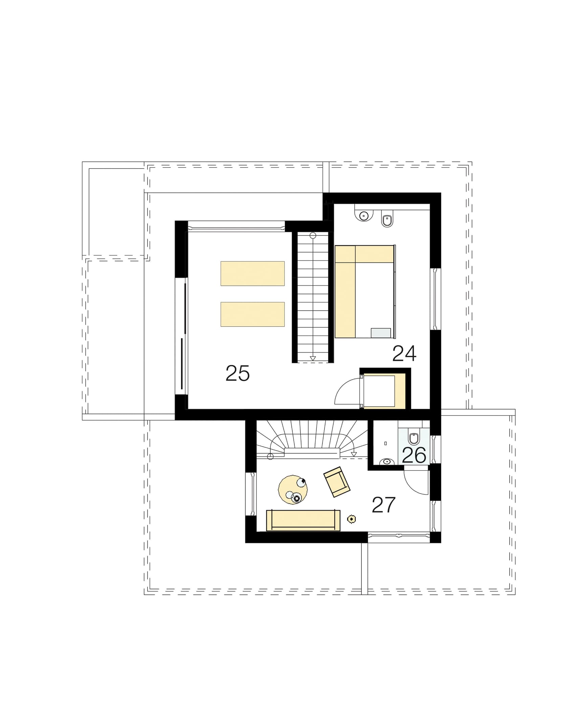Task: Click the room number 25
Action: click(238, 373)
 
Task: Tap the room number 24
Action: click(404, 354)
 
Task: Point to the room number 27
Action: click(383, 505)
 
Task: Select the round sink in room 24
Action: click(364, 215)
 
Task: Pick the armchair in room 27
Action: click(337, 482)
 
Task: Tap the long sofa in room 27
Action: click(303, 520)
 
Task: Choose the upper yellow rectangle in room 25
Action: click(252, 273)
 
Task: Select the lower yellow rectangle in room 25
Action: click(252, 314)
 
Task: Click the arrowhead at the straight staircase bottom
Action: click(313, 358)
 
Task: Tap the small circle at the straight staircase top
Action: click(313, 235)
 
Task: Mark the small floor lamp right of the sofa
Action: click(352, 519)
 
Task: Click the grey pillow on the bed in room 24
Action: click(381, 333)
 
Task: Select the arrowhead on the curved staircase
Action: click(354, 454)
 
